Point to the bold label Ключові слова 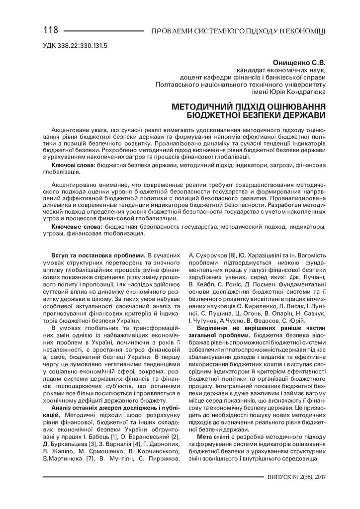tap(74, 164)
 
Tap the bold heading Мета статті tap(213, 436)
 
